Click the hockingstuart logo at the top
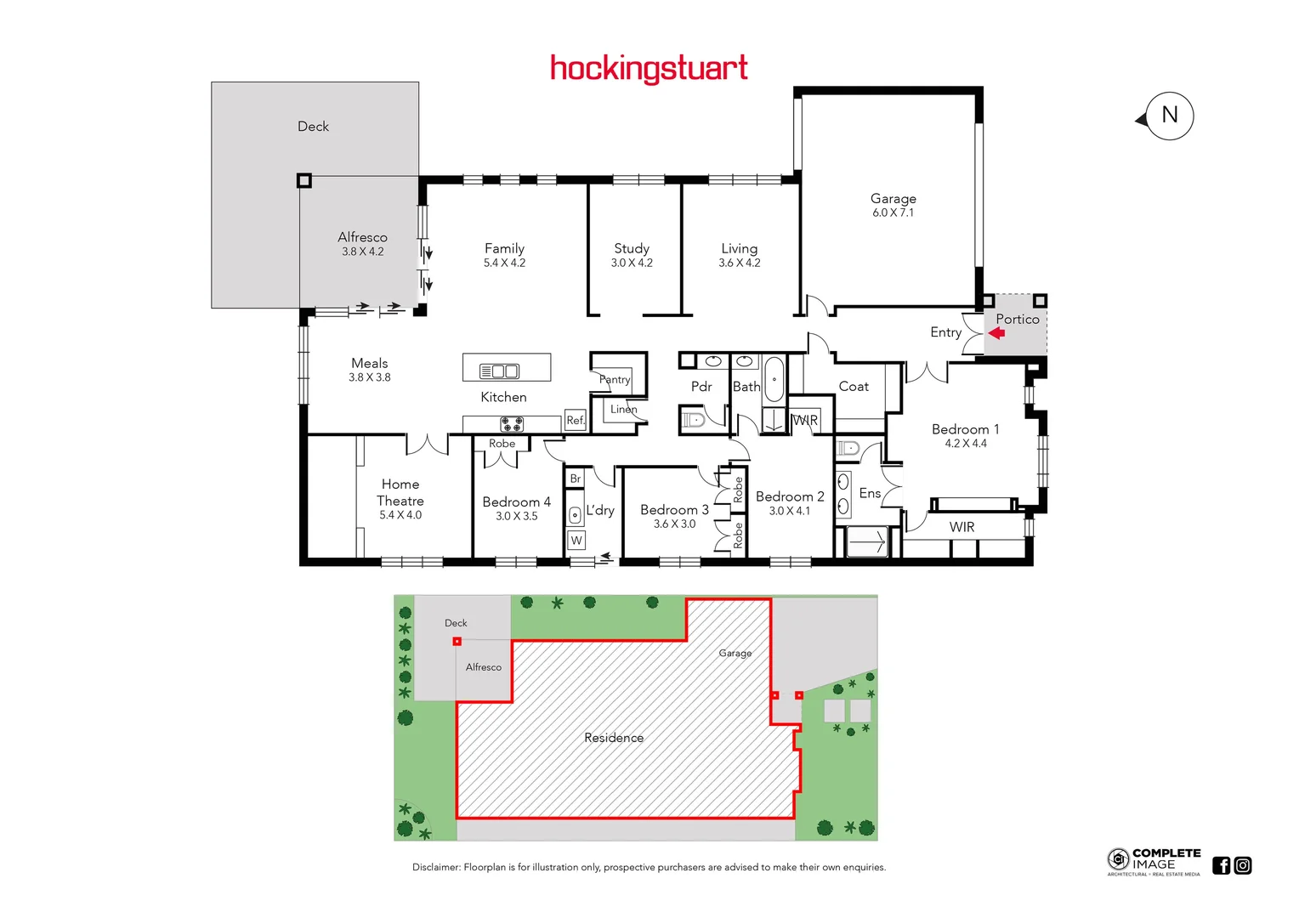649,68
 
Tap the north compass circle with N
1169,116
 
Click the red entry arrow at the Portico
996,333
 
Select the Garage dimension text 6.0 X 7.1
893,213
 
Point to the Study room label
632,248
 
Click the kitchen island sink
499,371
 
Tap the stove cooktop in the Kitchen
512,423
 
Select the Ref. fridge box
576,420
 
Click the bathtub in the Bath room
774,379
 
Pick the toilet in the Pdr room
694,419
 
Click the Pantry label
615,379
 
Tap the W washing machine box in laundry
576,541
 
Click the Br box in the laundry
576,479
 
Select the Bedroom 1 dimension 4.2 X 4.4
966,444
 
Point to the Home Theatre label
400,492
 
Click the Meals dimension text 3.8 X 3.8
370,377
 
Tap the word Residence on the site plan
614,738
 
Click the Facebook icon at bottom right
1221,865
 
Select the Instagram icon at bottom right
1243,865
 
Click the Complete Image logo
1154,861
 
